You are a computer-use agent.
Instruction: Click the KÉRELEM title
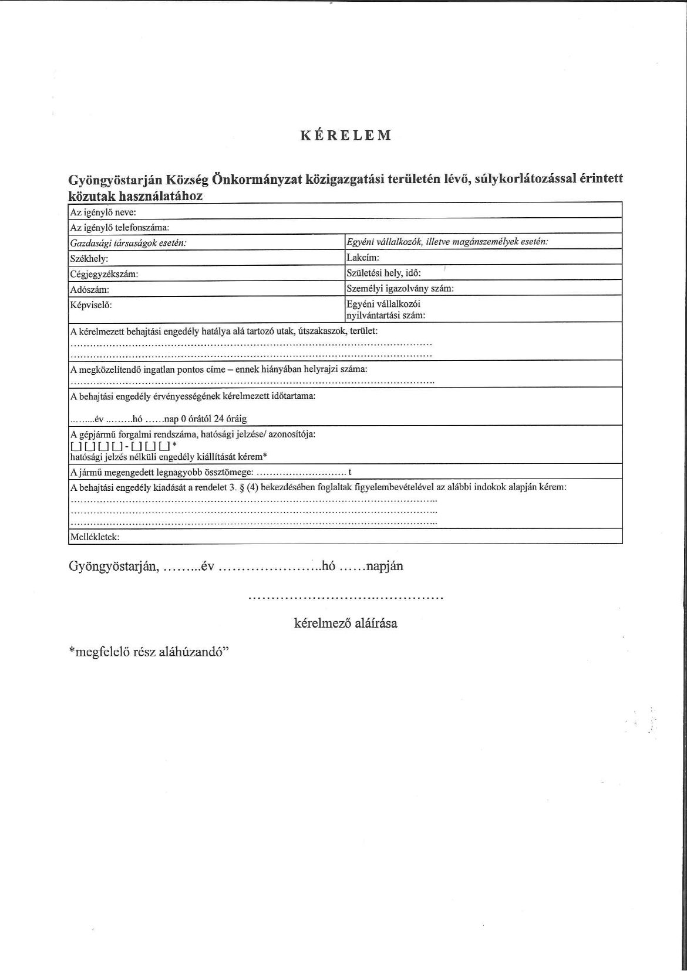(346, 136)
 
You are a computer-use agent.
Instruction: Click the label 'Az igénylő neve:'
(103, 213)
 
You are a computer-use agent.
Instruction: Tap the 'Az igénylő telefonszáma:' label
(120, 227)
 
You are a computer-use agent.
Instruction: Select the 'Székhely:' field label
(89, 258)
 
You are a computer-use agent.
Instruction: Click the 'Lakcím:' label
(363, 257)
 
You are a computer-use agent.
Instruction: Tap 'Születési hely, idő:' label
(384, 272)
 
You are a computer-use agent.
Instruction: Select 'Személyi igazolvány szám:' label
(400, 288)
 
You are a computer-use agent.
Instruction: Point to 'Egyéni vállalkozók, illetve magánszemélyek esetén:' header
(447, 241)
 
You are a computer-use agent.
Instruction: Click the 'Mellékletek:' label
(95, 537)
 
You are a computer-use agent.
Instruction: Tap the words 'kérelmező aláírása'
(345, 623)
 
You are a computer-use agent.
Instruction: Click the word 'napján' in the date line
(385, 567)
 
